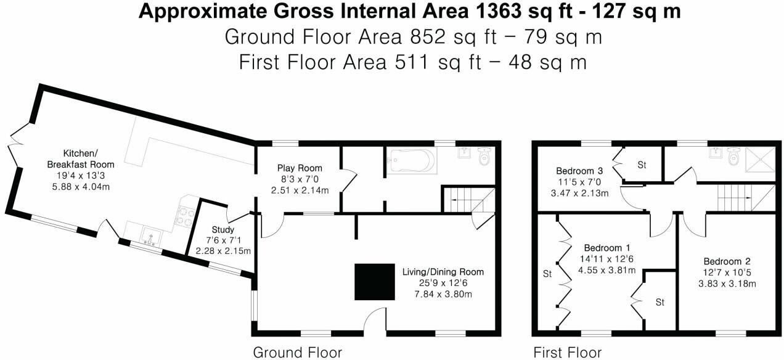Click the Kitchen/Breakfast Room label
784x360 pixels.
pos(81,158)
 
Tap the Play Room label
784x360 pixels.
pos(300,168)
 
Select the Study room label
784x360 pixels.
pos(223,230)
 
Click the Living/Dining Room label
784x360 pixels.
pos(443,272)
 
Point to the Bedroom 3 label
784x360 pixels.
pos(579,171)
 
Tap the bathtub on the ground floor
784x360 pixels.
pos(411,161)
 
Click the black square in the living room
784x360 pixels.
pos(374,282)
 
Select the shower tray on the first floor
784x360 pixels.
pos(759,160)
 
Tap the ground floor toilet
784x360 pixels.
pos(485,158)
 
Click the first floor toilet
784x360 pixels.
pos(733,158)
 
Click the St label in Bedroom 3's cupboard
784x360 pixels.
pos(642,165)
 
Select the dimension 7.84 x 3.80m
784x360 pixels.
pos(443,294)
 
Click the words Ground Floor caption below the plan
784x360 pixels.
pos(297,353)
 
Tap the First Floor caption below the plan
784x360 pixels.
pos(567,353)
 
